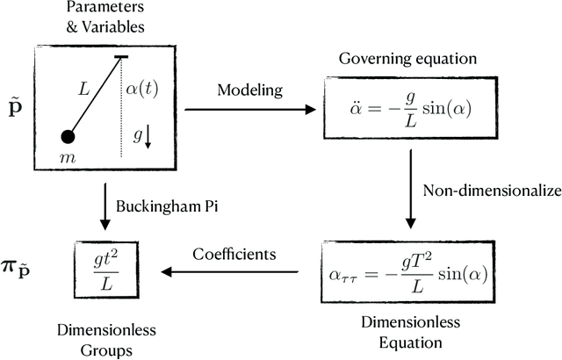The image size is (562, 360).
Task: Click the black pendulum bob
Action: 67,137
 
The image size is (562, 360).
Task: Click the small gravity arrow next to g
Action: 148,135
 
